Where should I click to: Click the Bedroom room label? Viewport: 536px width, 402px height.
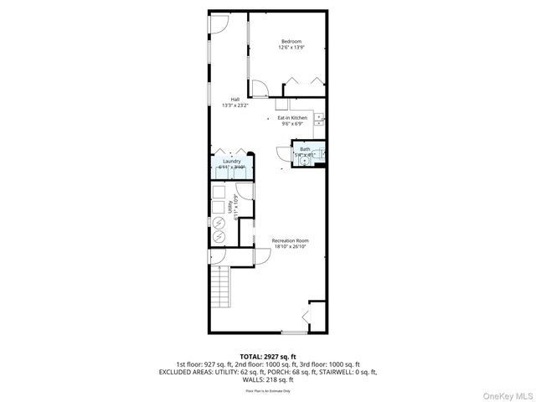pos(291,42)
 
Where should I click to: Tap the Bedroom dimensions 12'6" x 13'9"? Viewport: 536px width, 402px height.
pos(291,48)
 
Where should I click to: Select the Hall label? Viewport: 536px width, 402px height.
pos(235,100)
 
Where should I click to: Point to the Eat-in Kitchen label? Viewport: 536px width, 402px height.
pos(292,118)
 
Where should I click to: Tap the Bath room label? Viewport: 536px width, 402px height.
pos(304,149)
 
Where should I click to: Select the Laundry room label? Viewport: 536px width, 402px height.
pos(231,161)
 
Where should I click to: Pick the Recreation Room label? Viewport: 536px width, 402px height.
pos(291,241)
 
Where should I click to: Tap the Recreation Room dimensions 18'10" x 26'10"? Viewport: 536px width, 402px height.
pos(291,247)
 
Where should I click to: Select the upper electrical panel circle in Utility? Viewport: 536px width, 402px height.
pos(219,224)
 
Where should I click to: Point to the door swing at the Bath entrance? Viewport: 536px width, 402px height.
pos(282,154)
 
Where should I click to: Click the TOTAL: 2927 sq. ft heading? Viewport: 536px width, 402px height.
pos(267,357)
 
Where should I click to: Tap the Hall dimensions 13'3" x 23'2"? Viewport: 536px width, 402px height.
pos(235,106)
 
